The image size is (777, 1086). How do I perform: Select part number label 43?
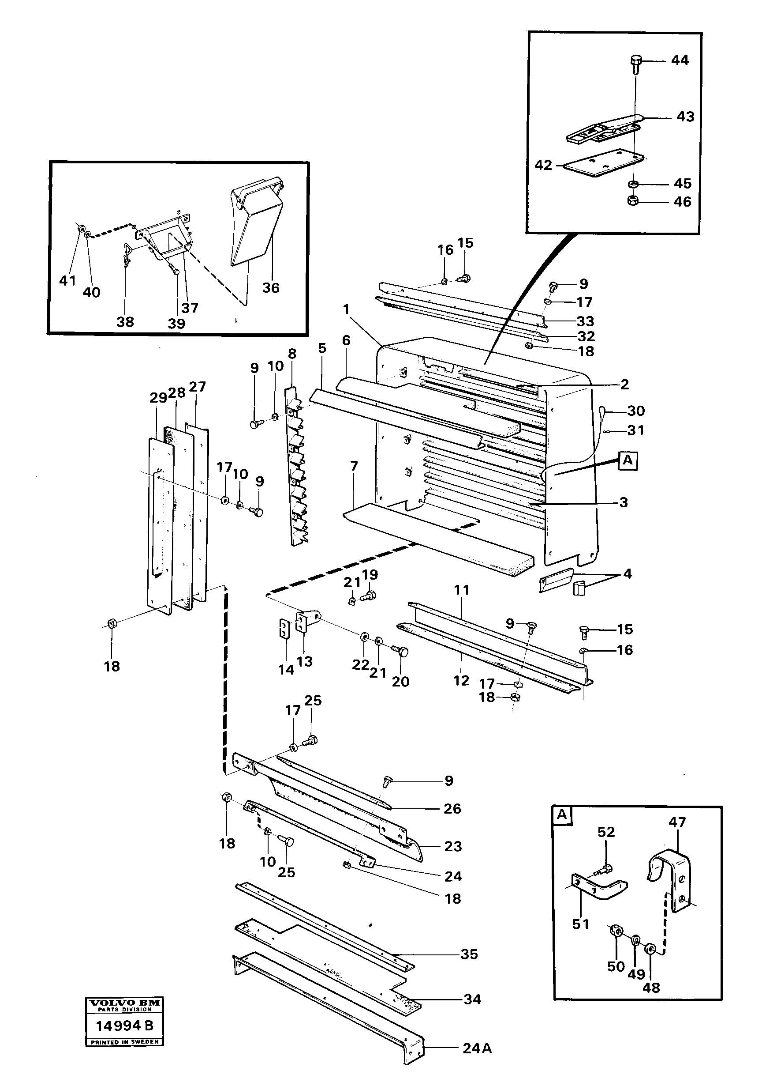[x=685, y=117]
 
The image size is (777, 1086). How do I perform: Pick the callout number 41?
[x=67, y=281]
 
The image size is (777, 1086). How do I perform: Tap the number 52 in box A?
[x=606, y=832]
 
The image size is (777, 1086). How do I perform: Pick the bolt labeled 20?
[x=401, y=652]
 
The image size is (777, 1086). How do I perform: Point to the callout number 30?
[x=636, y=411]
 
